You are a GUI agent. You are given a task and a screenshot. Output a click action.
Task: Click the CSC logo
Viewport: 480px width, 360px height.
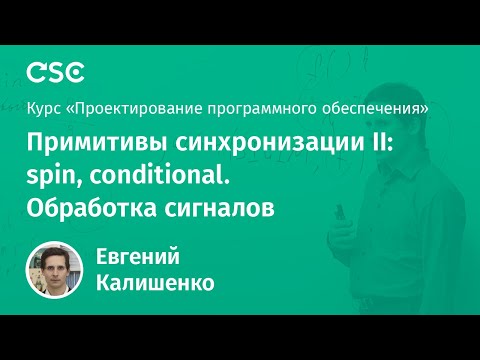click(55, 71)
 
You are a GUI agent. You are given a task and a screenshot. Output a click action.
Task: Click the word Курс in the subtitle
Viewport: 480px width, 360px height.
click(43, 106)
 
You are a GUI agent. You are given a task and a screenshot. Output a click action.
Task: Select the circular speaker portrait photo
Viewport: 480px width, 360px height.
click(56, 271)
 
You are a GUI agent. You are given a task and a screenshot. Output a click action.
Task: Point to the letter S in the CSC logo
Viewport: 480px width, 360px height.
click(55, 71)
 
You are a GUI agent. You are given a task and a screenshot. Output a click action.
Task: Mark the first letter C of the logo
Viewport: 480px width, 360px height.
click(35, 71)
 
